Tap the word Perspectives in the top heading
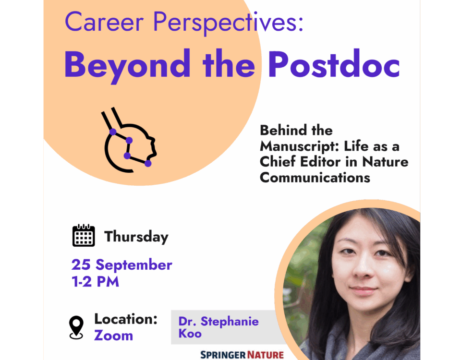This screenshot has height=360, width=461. point(228,24)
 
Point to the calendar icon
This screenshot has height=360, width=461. point(84,235)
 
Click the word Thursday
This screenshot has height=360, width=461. point(136,237)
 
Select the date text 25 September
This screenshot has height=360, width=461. point(121,265)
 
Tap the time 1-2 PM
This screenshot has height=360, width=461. point(95,282)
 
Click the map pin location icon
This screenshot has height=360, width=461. point(76,327)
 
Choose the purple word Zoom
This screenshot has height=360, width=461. point(113,336)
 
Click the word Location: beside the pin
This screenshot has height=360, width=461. point(126,319)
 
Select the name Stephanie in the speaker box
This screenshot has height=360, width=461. point(230,322)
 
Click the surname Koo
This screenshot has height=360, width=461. point(190,334)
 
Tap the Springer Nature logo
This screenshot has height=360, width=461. point(242,355)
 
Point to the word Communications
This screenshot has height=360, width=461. point(315,178)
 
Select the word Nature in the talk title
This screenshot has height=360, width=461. point(385,162)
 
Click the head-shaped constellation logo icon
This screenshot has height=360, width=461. point(129,140)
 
